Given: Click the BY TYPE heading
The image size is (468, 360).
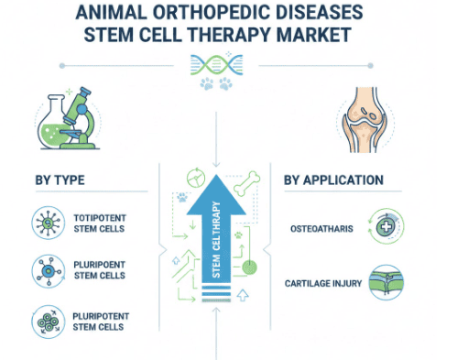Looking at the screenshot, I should pyautogui.click(x=63, y=180).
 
